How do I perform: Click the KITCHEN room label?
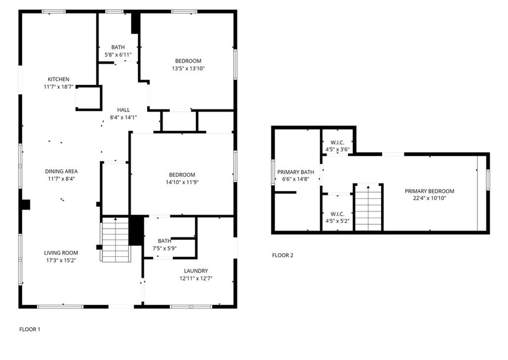[x=59, y=79]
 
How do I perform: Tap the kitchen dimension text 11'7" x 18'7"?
[x=59, y=87]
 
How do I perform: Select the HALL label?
[x=124, y=110]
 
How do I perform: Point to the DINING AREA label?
[x=61, y=172]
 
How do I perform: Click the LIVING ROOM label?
[x=61, y=253]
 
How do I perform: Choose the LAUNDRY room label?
[x=195, y=271]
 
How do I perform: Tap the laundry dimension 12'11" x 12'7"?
[x=195, y=278]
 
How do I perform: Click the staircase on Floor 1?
[x=116, y=241]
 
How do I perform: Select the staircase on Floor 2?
[x=368, y=208]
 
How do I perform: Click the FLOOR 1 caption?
[x=30, y=329]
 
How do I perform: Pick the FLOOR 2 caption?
[x=283, y=256]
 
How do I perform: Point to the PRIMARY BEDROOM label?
[x=429, y=191]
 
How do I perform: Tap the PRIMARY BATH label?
[x=296, y=172]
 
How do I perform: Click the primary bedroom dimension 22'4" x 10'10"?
[x=429, y=199]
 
